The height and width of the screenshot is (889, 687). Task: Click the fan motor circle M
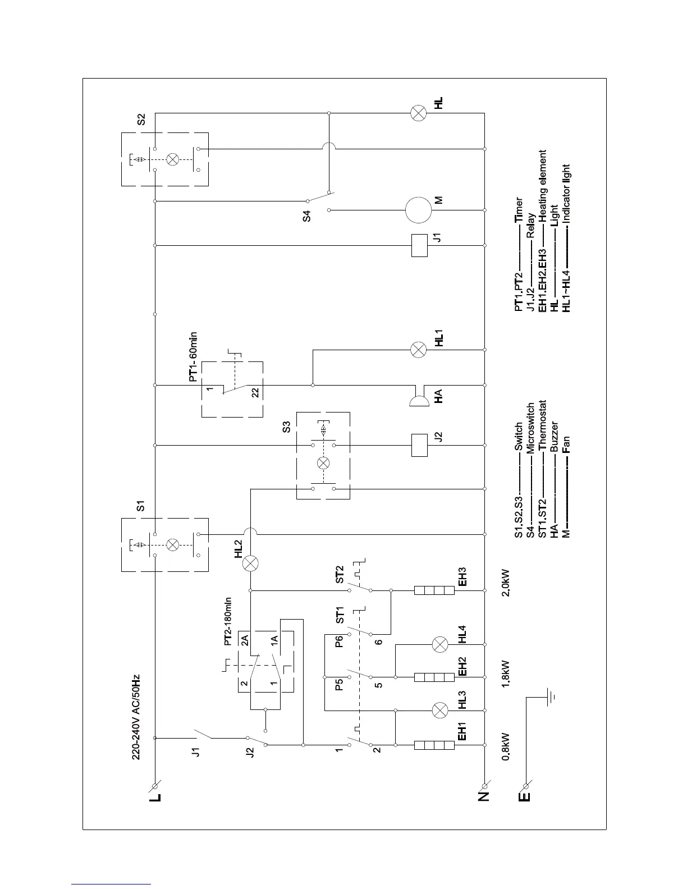pos(419,210)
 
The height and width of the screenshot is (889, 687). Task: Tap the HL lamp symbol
pos(419,114)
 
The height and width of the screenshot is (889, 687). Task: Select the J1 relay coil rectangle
pos(419,245)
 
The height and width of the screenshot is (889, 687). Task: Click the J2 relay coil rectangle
pos(419,445)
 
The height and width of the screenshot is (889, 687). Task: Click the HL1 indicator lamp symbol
pos(419,350)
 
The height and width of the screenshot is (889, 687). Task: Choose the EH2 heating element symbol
pos(434,677)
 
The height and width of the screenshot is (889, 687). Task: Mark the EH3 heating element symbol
pos(434,590)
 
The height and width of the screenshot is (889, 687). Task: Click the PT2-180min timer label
pos(228,621)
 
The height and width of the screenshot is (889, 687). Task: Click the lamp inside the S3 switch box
pos(323,464)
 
